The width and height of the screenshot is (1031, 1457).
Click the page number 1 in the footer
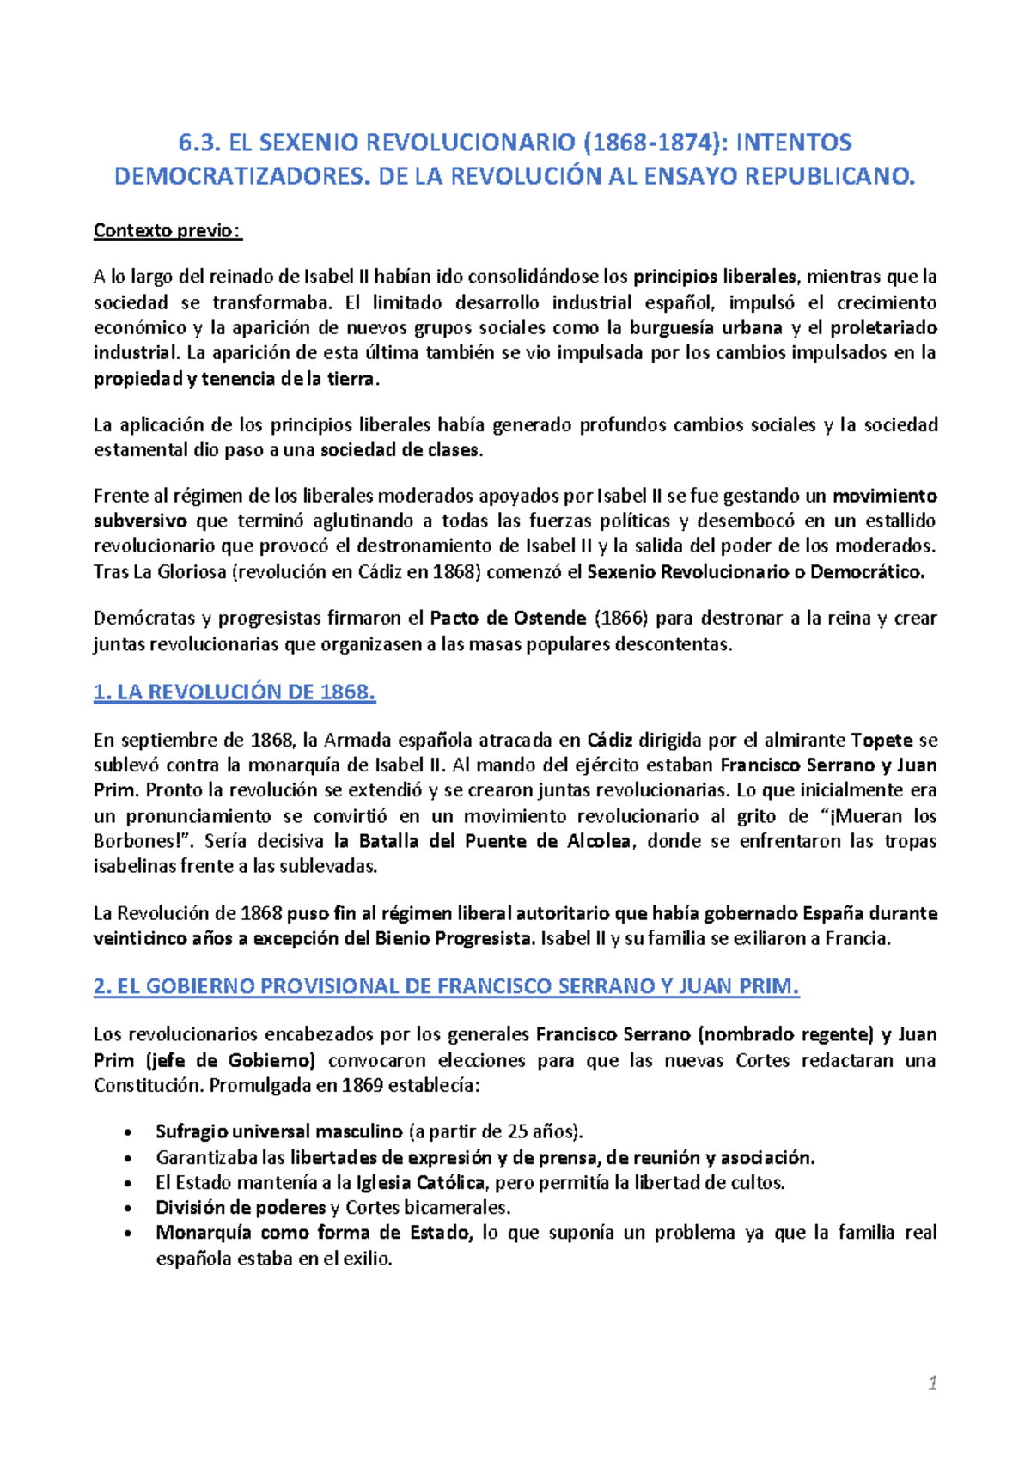(932, 1383)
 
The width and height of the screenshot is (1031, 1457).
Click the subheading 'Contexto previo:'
(168, 230)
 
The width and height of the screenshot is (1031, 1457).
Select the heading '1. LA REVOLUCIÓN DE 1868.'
(235, 692)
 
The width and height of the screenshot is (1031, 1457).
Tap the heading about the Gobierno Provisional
(446, 986)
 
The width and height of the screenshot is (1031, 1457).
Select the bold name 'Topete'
(882, 741)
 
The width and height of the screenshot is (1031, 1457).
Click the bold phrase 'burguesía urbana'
(705, 327)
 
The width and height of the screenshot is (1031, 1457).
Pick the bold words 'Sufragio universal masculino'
(278, 1131)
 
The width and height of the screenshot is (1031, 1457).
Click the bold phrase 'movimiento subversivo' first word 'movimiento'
(885, 496)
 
